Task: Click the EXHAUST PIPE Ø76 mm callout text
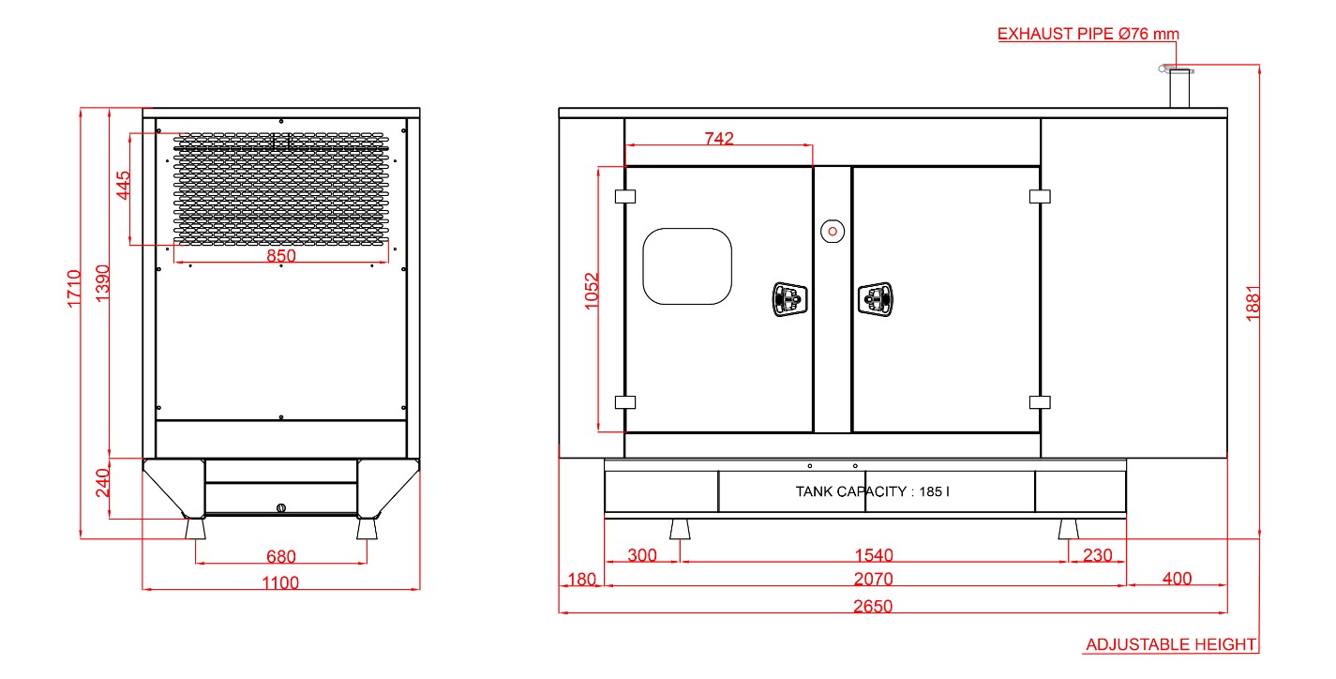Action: pos(1088,34)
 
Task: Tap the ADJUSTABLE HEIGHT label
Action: pos(1171,644)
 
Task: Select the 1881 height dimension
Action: pos(1253,303)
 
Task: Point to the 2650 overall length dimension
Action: pos(873,606)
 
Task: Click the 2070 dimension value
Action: pos(873,579)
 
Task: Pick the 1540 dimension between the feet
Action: pos(874,555)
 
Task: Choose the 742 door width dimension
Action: pos(719,139)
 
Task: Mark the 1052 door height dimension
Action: pos(591,291)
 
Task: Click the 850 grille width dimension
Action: pos(281,255)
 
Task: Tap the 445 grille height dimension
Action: pos(123,185)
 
